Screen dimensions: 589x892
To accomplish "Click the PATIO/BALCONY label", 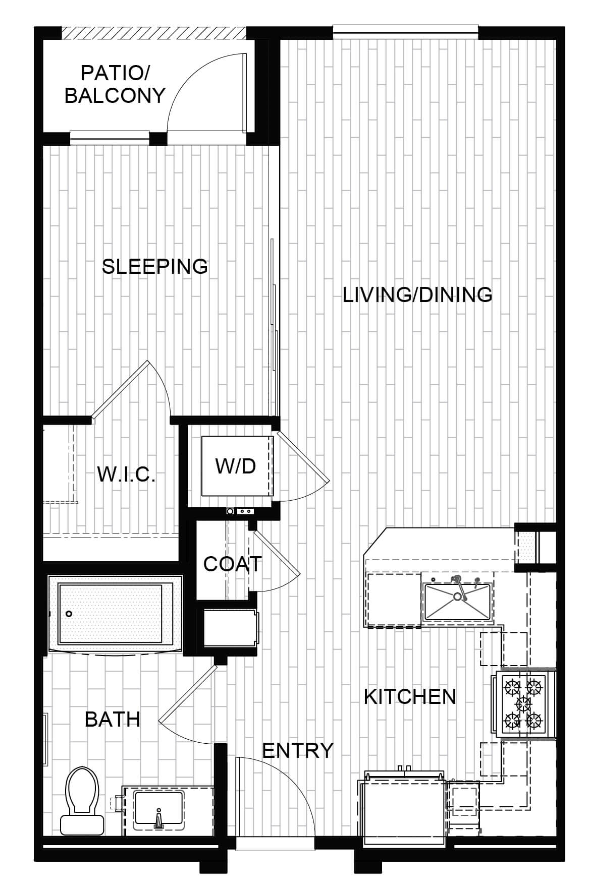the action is (x=115, y=84).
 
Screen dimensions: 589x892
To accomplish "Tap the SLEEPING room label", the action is (x=155, y=266).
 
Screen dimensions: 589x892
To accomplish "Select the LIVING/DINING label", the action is (x=417, y=294).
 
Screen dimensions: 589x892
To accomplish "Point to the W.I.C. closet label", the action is (x=126, y=474).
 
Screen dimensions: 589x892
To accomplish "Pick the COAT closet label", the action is (x=233, y=564).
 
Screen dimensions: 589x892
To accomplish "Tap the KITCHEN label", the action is (x=410, y=696).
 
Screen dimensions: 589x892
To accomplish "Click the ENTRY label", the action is (x=298, y=750).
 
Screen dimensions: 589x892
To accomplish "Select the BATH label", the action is (x=113, y=719).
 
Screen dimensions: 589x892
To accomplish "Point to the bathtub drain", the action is (x=69, y=614).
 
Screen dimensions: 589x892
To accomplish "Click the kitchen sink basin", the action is (x=458, y=602).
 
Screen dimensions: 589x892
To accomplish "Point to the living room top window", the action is (x=405, y=32).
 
